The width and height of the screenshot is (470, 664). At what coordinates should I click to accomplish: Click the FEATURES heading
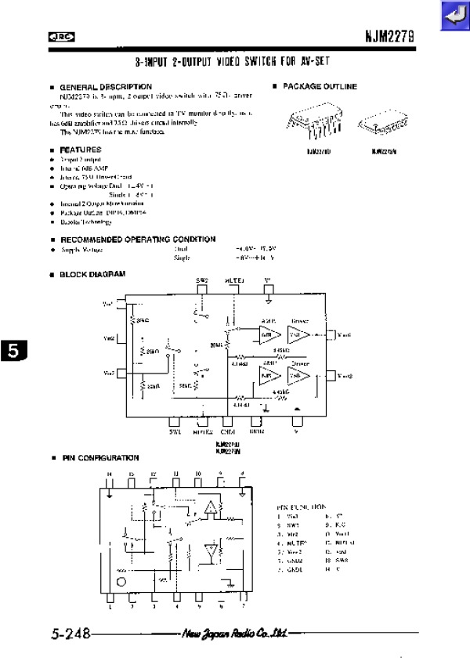tap(81, 150)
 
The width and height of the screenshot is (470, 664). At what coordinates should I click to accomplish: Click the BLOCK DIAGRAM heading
tap(92, 274)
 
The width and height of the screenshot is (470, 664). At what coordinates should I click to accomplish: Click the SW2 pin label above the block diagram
tap(202, 280)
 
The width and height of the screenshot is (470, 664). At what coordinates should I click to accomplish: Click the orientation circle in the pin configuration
tap(121, 583)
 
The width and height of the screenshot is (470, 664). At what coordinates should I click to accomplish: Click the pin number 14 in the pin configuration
tap(110, 474)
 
